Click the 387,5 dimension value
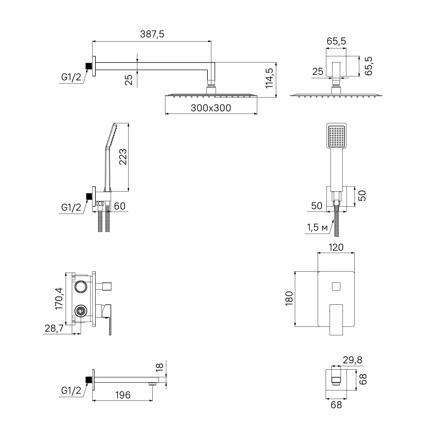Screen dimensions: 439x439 (152, 34)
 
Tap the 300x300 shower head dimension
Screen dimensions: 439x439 (211, 108)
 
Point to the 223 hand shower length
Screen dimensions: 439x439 (123, 157)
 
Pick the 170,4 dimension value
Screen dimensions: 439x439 (59, 298)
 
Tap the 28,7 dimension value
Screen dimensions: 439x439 (54, 328)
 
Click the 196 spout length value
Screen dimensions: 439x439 (123, 395)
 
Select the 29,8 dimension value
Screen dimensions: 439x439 (353, 360)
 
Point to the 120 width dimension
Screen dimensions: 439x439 (336, 247)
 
